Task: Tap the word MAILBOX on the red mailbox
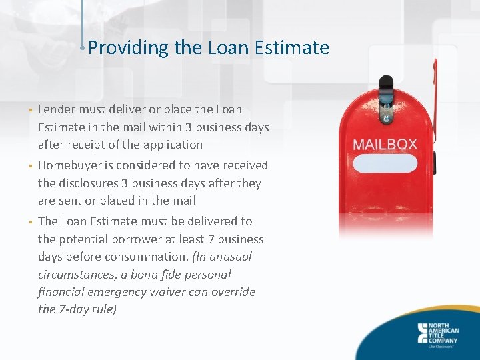click(385, 144)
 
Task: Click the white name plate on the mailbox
click(385, 164)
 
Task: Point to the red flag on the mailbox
click(435, 100)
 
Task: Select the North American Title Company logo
click(441, 333)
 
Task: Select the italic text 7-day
click(77, 309)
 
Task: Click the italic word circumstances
click(75, 274)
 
